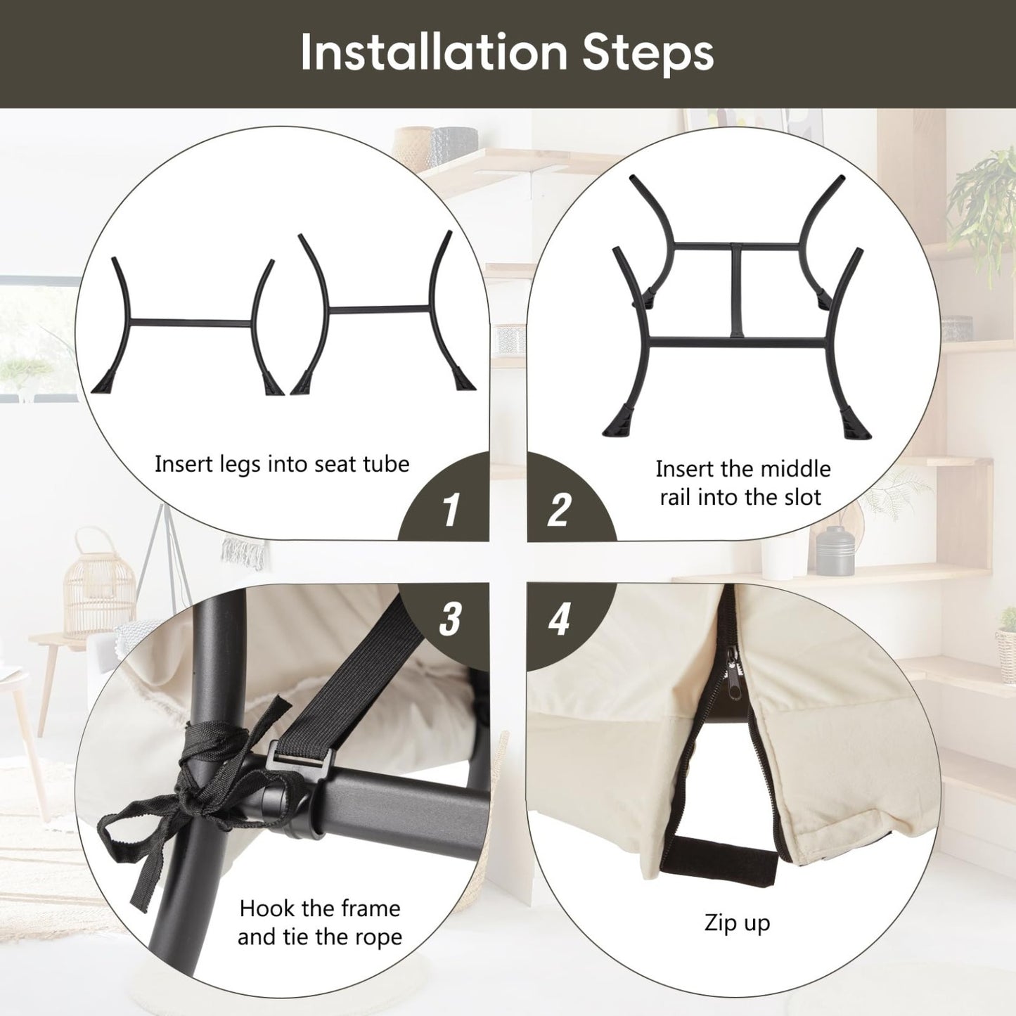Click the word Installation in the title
(x=433, y=52)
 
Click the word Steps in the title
(x=648, y=55)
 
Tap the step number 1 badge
(x=450, y=509)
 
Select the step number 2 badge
(x=560, y=509)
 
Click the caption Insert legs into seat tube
(x=282, y=465)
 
